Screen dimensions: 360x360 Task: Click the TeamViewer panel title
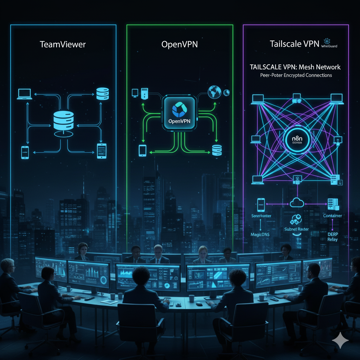tap(63, 45)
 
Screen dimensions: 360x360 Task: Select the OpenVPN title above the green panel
tap(179, 45)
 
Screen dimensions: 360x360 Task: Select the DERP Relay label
tap(332, 236)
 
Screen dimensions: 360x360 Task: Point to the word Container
tap(332, 216)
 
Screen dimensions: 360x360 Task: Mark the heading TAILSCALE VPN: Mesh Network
tap(295, 67)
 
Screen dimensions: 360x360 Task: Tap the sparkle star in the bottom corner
tap(340, 340)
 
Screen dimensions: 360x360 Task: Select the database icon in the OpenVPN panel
tap(217, 150)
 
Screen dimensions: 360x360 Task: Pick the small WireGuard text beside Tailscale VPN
tap(329, 46)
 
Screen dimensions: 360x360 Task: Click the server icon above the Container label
tap(332, 203)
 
